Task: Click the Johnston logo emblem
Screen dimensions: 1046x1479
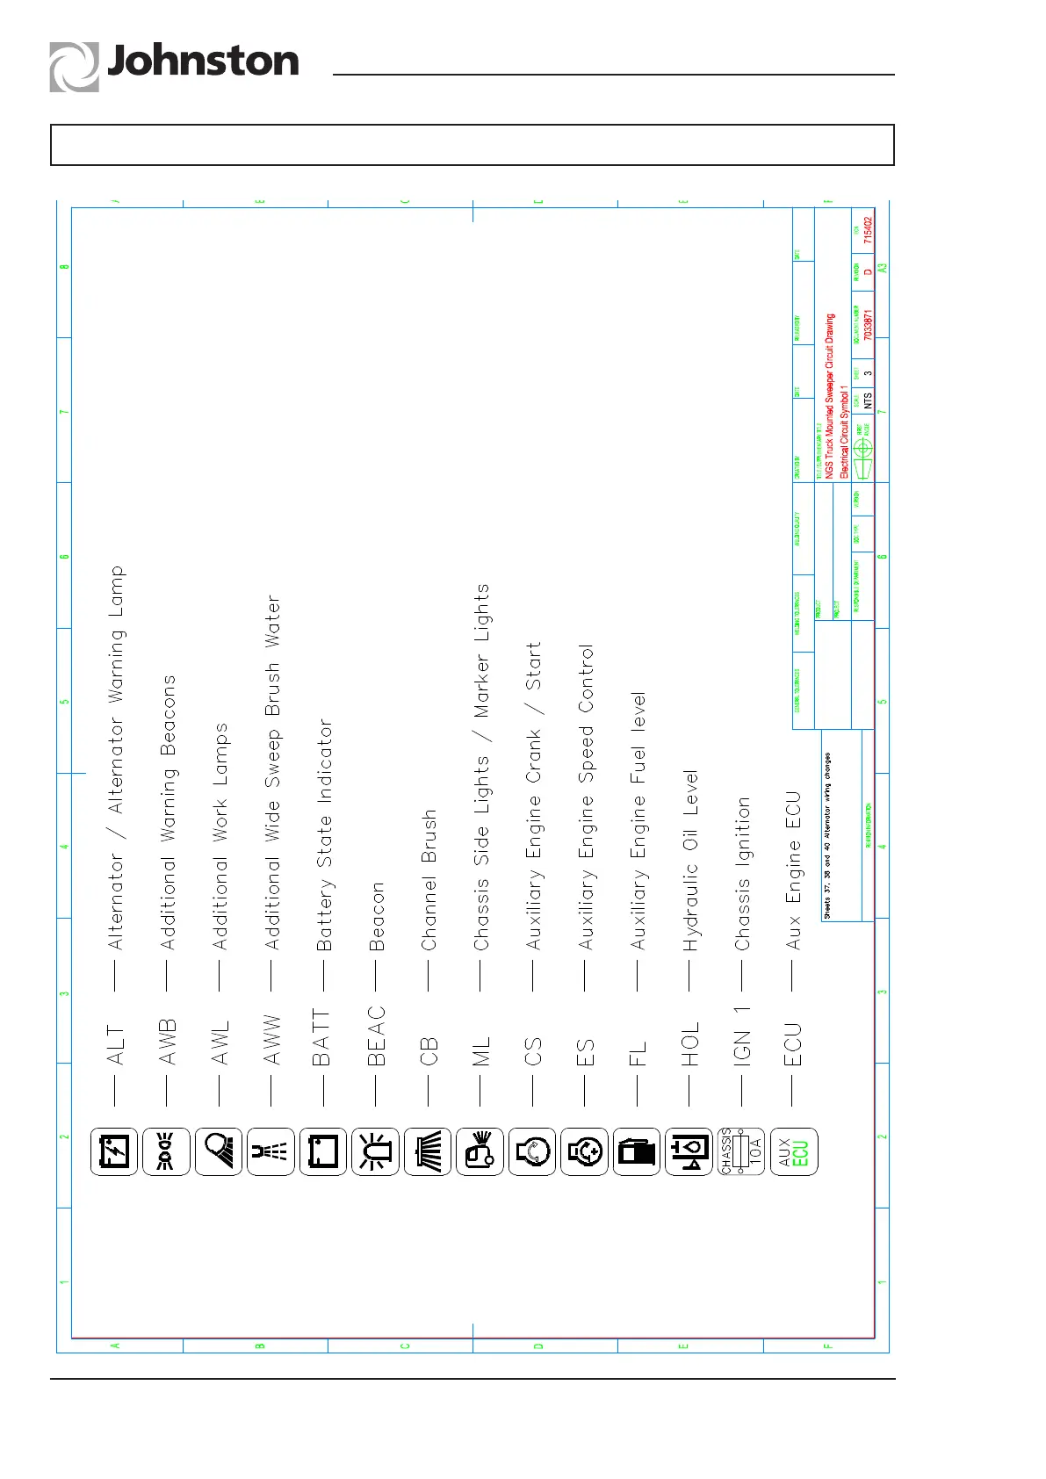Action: [x=74, y=67]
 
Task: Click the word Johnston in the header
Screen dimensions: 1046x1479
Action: [x=203, y=61]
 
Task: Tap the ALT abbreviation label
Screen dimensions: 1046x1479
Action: [x=115, y=1045]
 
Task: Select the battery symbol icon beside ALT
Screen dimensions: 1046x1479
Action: [x=114, y=1151]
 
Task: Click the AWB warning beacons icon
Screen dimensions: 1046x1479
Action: [x=166, y=1151]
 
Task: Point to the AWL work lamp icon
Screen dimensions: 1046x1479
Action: [x=219, y=1151]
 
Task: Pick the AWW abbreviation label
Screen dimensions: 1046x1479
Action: [x=272, y=1041]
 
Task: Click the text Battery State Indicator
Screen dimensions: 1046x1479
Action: [x=324, y=834]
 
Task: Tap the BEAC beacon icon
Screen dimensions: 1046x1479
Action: [x=375, y=1151]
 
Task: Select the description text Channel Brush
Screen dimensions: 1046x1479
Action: [x=429, y=879]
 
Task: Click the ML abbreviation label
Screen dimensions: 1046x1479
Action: [x=481, y=1052]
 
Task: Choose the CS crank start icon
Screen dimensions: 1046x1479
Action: [x=532, y=1151]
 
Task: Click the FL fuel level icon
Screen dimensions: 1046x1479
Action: [x=637, y=1151]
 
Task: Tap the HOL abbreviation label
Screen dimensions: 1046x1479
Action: [x=690, y=1043]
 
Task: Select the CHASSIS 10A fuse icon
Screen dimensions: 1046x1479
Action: [x=741, y=1151]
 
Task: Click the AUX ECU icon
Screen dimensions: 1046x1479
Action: [x=793, y=1151]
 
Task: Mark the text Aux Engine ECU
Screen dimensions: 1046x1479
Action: [x=794, y=870]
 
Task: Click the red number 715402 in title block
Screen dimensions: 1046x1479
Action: [x=868, y=230]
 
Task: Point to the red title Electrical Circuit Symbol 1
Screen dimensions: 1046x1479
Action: [x=845, y=431]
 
